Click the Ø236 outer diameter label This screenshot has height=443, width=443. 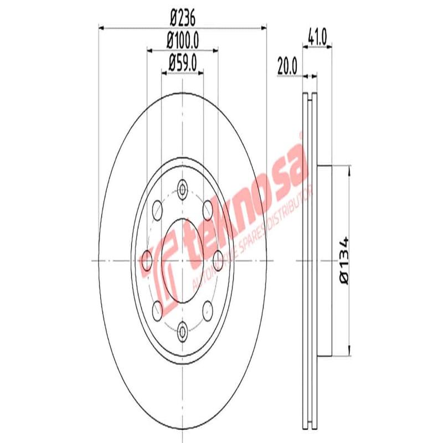(182, 18)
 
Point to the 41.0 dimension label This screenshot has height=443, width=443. (318, 38)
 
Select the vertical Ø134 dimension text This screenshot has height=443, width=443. (344, 260)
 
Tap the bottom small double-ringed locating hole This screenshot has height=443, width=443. (182, 331)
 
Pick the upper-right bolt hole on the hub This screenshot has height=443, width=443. (208, 209)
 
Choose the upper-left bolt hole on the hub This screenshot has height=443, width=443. (157, 209)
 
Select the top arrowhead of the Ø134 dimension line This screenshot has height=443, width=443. (348, 171)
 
